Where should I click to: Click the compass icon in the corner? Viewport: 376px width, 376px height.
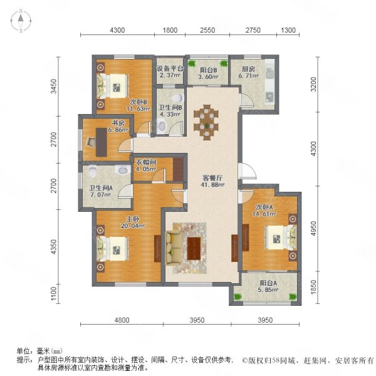coord(21,21)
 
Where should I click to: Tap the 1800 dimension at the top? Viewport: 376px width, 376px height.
coord(170,30)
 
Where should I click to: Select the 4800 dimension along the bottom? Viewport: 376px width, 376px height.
coord(122,320)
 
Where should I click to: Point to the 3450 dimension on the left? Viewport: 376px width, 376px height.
coord(54,86)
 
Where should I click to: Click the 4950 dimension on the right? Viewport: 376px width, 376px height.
coord(314,228)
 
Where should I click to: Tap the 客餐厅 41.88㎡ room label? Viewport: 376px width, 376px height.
coord(213,181)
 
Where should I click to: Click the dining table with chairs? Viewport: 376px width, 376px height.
coord(206,122)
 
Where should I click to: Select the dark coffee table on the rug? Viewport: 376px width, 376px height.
coord(194,248)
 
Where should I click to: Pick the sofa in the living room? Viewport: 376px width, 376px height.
coord(174,248)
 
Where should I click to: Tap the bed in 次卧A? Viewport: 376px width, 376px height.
coord(281,238)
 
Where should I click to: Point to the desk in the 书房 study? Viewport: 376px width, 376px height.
coord(102,142)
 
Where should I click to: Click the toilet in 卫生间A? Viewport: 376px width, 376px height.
coord(92,171)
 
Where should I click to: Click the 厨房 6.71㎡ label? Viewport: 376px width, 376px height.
coord(248,73)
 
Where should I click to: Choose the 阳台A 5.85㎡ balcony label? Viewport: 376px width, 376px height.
coord(268,286)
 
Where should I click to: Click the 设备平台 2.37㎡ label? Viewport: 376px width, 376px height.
coord(170,71)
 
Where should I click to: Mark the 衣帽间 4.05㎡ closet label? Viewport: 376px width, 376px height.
coord(146,165)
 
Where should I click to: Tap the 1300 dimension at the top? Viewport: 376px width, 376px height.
coord(288,30)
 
